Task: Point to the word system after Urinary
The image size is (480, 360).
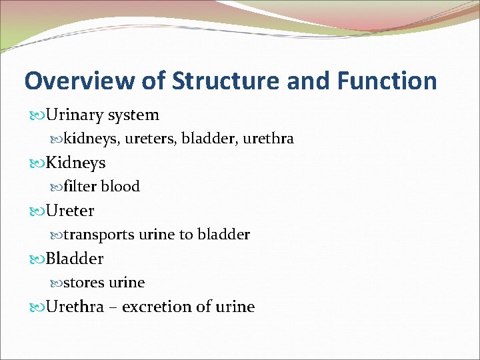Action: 131,115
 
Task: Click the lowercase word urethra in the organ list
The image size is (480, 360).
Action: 269,139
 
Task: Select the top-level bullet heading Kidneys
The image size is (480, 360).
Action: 75,163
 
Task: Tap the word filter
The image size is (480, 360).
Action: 80,187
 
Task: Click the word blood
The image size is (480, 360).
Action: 120,187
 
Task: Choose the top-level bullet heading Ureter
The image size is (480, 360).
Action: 70,211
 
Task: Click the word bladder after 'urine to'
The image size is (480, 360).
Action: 225,235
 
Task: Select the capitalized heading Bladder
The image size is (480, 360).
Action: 75,259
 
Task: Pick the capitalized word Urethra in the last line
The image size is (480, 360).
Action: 75,307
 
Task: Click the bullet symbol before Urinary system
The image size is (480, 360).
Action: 38,116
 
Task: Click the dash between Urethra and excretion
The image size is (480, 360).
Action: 113,307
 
